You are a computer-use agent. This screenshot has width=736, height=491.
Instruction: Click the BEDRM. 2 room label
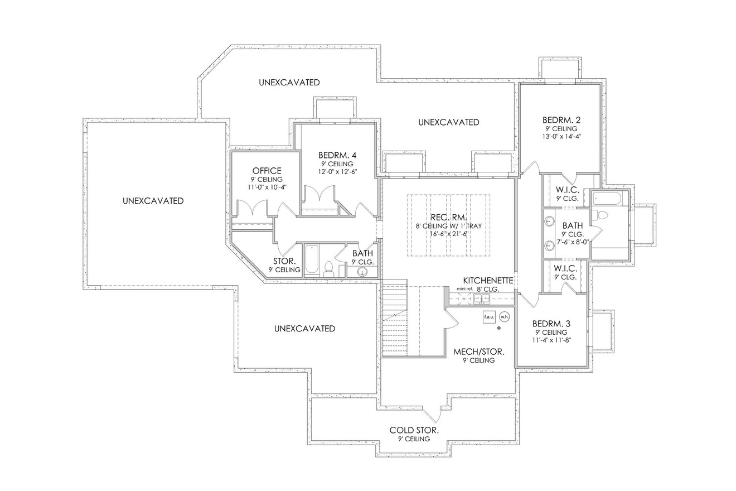pyautogui.click(x=561, y=120)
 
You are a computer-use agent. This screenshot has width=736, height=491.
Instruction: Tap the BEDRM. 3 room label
pyautogui.click(x=551, y=324)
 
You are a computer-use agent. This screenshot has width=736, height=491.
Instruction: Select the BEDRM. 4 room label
pyautogui.click(x=337, y=155)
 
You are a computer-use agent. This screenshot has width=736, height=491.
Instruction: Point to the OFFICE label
pyautogui.click(x=267, y=171)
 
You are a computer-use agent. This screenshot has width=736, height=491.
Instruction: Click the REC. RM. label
pyautogui.click(x=448, y=217)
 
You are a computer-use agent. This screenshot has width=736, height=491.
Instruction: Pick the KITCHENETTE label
pyautogui.click(x=488, y=281)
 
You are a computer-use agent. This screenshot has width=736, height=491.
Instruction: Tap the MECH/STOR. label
pyautogui.click(x=478, y=352)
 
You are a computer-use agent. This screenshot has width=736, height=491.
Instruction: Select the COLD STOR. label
pyautogui.click(x=414, y=430)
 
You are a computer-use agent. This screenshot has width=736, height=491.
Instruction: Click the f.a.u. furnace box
pyautogui.click(x=489, y=316)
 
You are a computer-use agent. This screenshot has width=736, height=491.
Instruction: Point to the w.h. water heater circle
pyautogui.click(x=505, y=316)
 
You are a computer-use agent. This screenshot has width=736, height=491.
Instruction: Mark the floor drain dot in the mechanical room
pyautogui.click(x=498, y=328)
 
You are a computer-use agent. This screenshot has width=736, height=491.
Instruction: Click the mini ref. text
pyautogui.click(x=464, y=288)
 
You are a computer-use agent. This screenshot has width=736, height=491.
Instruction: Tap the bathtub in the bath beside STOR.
pyautogui.click(x=312, y=260)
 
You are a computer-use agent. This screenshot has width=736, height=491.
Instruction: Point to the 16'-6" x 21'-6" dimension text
pyautogui.click(x=448, y=234)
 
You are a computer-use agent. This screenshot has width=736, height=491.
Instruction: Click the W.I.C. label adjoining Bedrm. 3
pyautogui.click(x=565, y=269)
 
